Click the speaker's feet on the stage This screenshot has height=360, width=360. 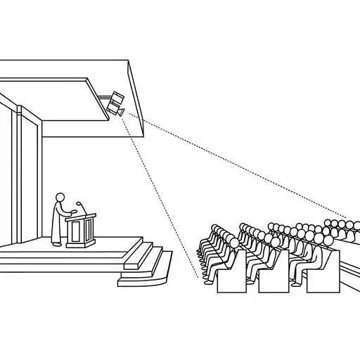click(x=56, y=244)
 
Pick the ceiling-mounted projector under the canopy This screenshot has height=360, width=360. click(x=114, y=105)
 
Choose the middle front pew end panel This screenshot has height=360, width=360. click(x=274, y=276)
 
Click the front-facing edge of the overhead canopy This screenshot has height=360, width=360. click(x=136, y=98)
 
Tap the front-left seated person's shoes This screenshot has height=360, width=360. click(x=208, y=281)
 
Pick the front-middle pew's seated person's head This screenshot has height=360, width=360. click(x=275, y=242)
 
